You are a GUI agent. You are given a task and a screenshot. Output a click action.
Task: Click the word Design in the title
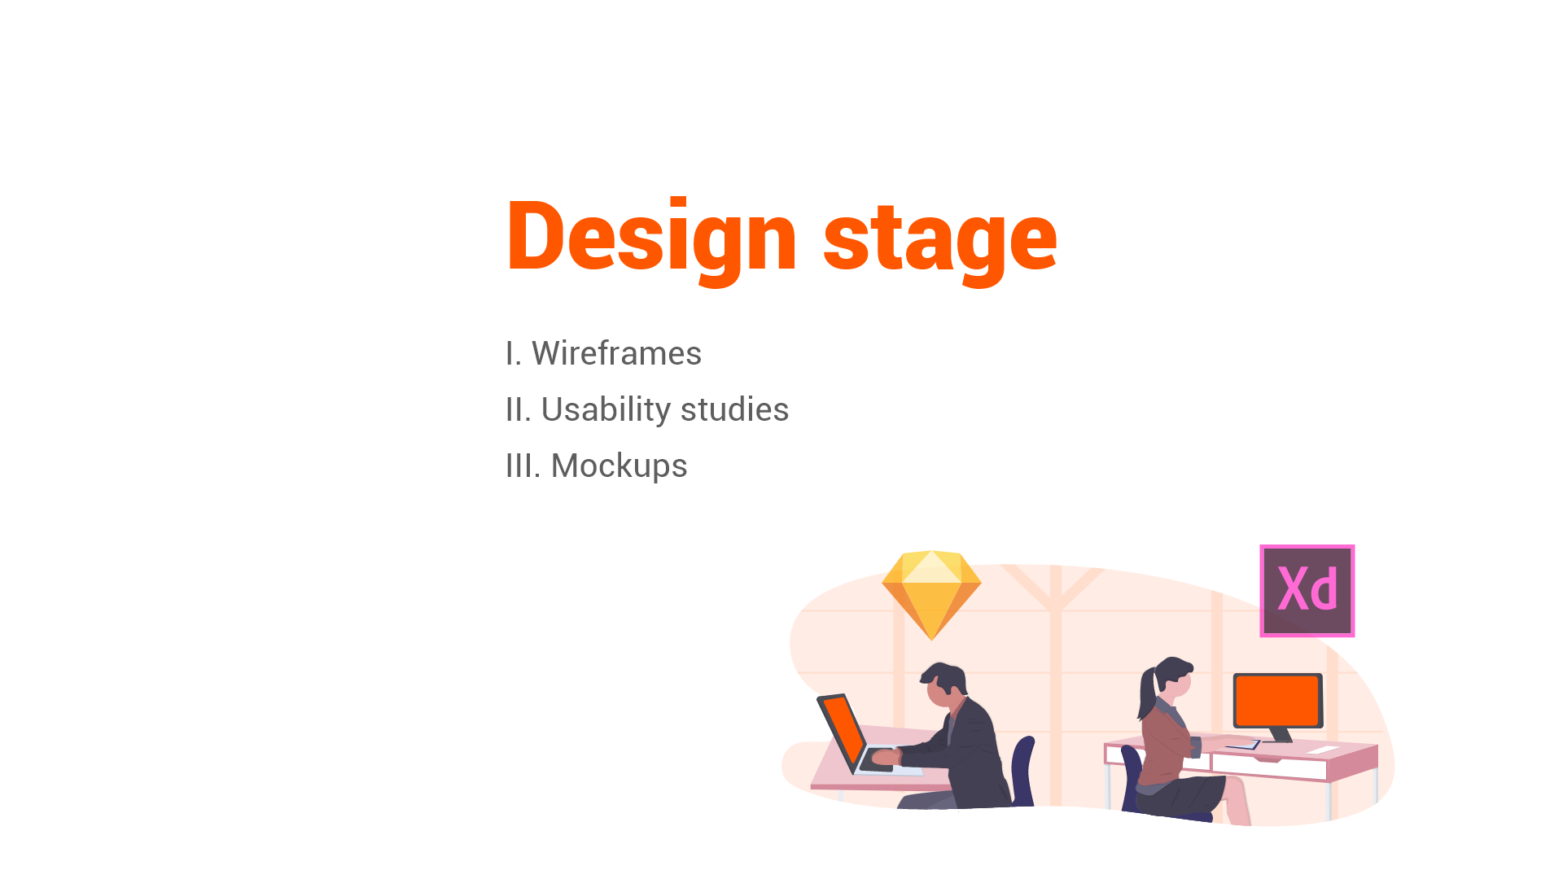[650, 237]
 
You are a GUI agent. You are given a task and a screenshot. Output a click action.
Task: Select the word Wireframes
[616, 353]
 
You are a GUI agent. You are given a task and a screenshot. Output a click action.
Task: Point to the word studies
[734, 409]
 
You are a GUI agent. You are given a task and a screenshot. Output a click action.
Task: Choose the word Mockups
[619, 466]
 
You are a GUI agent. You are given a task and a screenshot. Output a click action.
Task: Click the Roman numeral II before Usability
[517, 409]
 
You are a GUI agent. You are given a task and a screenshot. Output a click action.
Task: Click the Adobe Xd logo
[1307, 591]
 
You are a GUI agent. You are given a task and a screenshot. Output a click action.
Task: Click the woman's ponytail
[1148, 692]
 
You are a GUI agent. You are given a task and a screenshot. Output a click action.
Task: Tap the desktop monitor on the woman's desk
[1276, 700]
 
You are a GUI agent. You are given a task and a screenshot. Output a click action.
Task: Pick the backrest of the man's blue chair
[1022, 769]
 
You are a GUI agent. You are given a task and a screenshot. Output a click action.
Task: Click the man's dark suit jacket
[973, 749]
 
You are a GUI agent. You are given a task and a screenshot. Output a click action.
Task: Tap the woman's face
[1181, 682]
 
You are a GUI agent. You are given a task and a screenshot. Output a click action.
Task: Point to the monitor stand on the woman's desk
[1280, 735]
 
